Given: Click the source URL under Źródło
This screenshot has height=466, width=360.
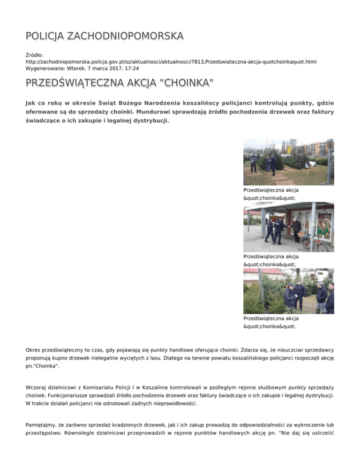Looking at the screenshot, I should pyautogui.click(x=171, y=61).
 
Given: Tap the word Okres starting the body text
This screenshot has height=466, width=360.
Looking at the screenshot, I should pyautogui.click(x=34, y=350).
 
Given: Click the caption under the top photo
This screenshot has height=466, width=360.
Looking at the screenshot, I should pyautogui.click(x=270, y=194).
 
